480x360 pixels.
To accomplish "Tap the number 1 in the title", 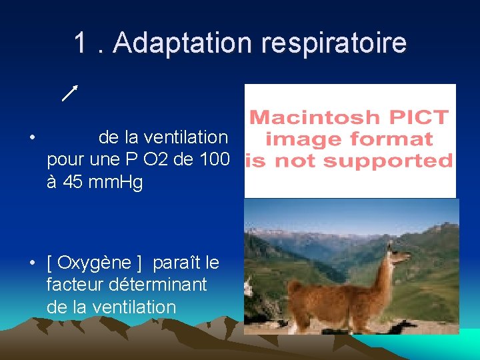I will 81,43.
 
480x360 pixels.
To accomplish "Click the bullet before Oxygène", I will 32,263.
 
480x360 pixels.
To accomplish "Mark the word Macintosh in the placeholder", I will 306,119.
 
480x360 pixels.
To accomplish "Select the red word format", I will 399,139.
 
